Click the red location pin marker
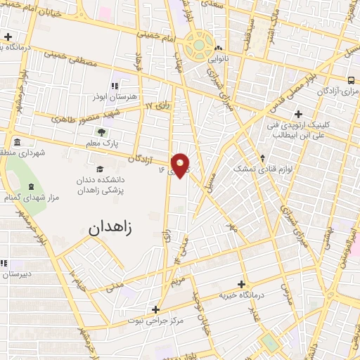pos(181,165)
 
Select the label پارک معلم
pos(102,143)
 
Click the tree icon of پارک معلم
pos(103,131)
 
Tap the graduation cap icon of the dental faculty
pos(100,169)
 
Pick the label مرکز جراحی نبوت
pos(155,321)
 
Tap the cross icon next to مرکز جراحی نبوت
pos(155,309)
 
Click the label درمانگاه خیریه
pos(242,296)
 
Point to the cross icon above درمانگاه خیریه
pos(242,284)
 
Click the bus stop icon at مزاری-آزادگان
pos(352,79)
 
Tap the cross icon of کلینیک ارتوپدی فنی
pos(299,112)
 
